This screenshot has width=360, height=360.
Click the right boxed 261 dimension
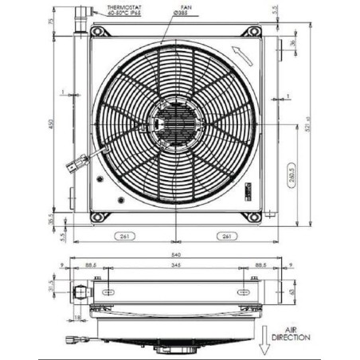(x=227, y=237)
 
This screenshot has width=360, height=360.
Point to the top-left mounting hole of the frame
(x=100, y=32)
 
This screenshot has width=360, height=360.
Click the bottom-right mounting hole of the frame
(x=253, y=217)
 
